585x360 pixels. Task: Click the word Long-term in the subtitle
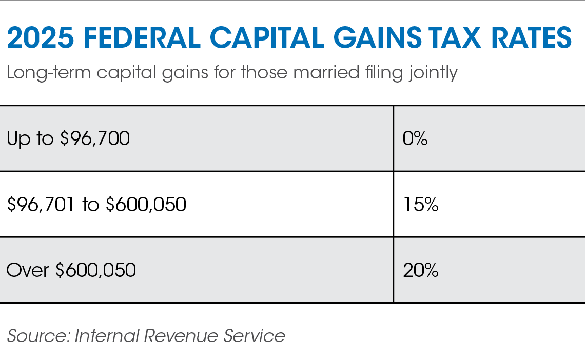(49, 73)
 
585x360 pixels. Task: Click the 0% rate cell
(415, 139)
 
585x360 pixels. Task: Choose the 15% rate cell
(420, 205)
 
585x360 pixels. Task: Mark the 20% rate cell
(420, 270)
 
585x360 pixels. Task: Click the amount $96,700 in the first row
(94, 139)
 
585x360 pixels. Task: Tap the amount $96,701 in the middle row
(42, 205)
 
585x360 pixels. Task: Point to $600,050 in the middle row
(146, 205)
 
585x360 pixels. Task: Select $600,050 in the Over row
(95, 270)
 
